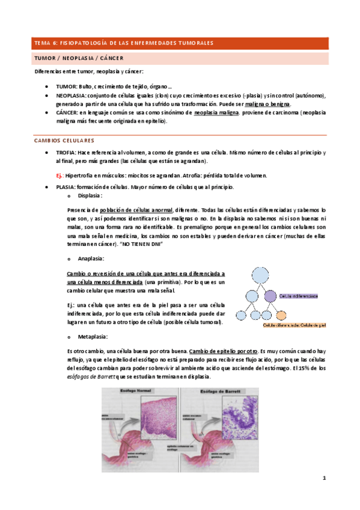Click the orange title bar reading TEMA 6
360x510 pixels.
coord(180,43)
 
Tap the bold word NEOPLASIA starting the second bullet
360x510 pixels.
coord(70,96)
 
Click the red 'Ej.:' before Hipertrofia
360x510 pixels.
coord(59,176)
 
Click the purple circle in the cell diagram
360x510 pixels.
coord(270,296)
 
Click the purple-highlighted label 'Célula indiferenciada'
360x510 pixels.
coord(299,296)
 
